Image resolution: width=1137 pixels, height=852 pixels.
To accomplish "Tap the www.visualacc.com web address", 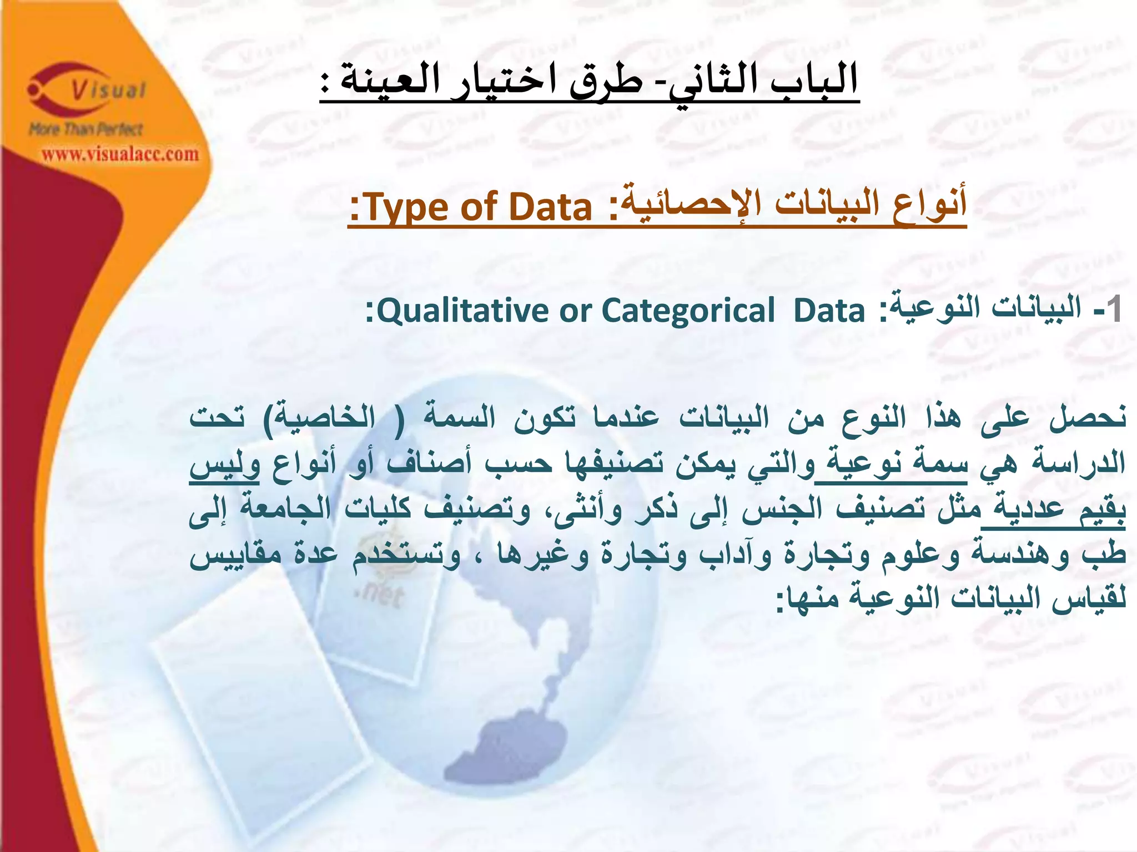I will tap(120, 154).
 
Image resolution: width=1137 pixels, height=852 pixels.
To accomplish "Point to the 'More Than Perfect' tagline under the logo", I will tap(86, 130).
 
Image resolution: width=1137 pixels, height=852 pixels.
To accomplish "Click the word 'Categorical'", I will tap(688, 311).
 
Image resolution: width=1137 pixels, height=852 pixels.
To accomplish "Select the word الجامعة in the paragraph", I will tap(285, 509).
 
